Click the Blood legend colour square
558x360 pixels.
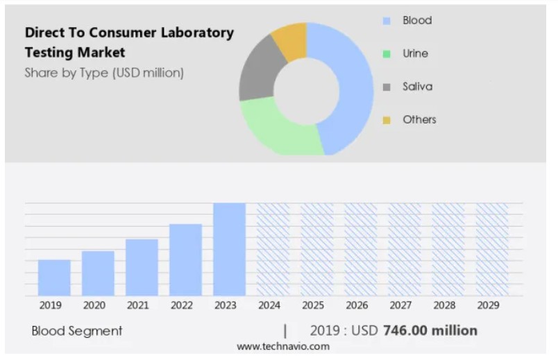pos(387,21)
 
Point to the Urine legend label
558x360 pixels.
pos(415,53)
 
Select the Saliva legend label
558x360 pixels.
pos(417,87)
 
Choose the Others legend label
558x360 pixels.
pos(419,119)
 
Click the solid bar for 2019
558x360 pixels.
pos(54,277)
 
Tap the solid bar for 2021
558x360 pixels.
pos(142,267)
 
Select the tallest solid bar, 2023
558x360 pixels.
pos(229,249)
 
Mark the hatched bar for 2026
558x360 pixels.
pos(361,249)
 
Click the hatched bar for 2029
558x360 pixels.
pos(491,249)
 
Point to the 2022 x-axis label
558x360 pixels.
pos(182,305)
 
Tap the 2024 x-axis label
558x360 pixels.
pos(269,305)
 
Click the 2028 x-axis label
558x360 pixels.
pos(444,305)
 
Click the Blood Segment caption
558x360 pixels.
pos(77,331)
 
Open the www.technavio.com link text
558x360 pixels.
pos(278,346)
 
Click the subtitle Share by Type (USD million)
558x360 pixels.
pos(104,72)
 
